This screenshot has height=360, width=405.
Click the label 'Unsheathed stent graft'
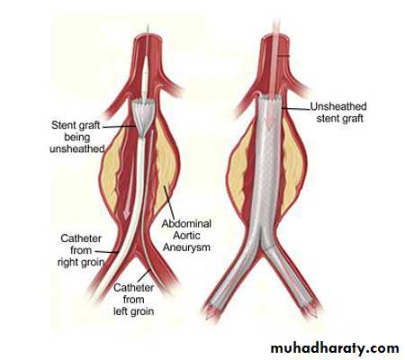coord(338,112)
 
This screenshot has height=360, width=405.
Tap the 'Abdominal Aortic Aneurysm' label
coord(186,236)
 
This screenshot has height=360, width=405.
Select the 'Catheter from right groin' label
coord(81,250)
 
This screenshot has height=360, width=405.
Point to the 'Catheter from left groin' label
coord(134,299)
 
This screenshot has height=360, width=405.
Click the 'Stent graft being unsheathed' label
coord(76,137)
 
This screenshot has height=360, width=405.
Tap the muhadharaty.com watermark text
coord(335,348)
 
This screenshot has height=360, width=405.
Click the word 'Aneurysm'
coord(186,247)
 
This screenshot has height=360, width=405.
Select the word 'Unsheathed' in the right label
coord(338,106)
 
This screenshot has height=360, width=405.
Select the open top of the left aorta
coord(148,38)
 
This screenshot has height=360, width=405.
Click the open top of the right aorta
coord(275,38)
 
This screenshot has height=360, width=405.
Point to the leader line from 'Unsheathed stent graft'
coord(296,108)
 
